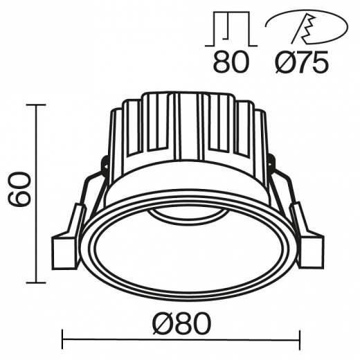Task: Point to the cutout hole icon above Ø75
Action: tap(298, 28)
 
